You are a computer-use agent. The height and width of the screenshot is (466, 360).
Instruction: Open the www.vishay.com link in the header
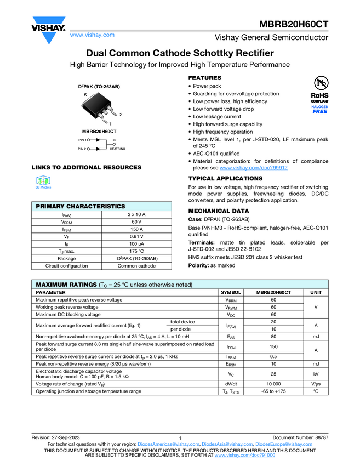pos(92,35)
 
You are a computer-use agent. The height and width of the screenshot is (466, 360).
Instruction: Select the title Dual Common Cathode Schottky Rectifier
pos(180,53)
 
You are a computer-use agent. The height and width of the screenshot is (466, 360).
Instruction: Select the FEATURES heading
pos(205,78)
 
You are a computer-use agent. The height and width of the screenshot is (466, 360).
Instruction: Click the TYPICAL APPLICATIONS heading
pos(225,179)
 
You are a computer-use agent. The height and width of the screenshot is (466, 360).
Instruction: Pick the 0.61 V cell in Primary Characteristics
pos(136,237)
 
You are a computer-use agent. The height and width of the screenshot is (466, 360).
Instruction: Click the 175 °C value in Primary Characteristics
pos(136,251)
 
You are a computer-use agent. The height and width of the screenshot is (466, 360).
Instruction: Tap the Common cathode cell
pos(136,266)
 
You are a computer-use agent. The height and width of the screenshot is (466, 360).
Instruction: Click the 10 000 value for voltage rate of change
pos(273,384)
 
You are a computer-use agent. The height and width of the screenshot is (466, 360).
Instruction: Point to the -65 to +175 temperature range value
pos(273,391)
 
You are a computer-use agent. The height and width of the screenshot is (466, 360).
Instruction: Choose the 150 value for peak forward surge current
pos(273,347)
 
